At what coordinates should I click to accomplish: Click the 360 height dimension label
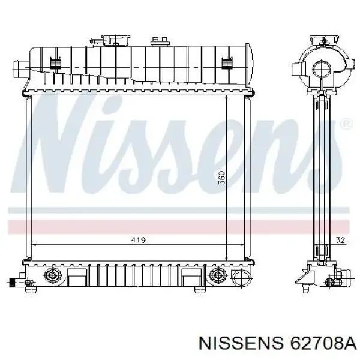point(221,178)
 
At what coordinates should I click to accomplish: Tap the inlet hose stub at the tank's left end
point(20,65)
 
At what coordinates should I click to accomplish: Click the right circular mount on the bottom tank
point(217,277)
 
